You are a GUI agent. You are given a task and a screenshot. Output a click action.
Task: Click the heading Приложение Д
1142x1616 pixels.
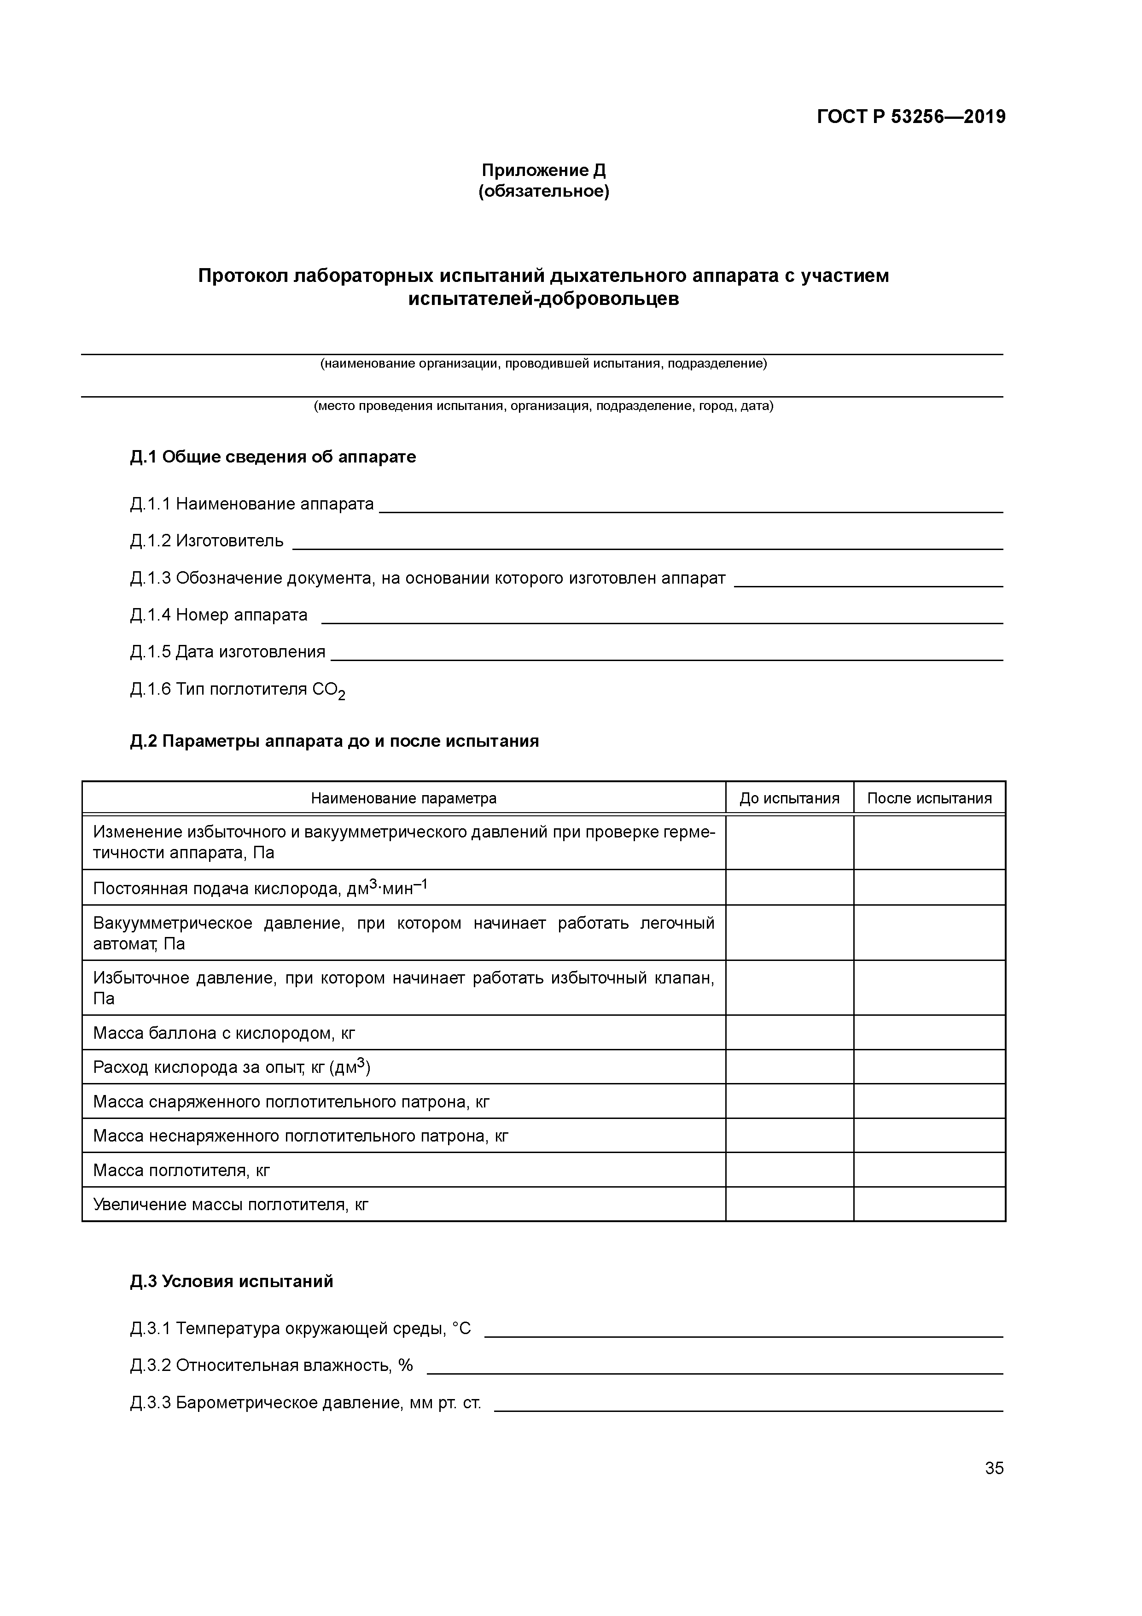(543, 170)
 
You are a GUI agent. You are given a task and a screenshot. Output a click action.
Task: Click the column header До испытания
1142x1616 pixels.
(789, 798)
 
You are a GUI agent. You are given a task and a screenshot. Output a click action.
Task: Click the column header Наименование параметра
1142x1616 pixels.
(403, 798)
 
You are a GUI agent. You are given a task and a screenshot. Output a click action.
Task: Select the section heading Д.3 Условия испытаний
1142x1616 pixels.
(232, 1281)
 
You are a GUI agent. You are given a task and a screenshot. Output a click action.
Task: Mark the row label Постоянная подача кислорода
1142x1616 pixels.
(260, 888)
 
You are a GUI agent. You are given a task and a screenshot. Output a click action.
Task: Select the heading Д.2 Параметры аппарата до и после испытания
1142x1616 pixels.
(334, 741)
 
